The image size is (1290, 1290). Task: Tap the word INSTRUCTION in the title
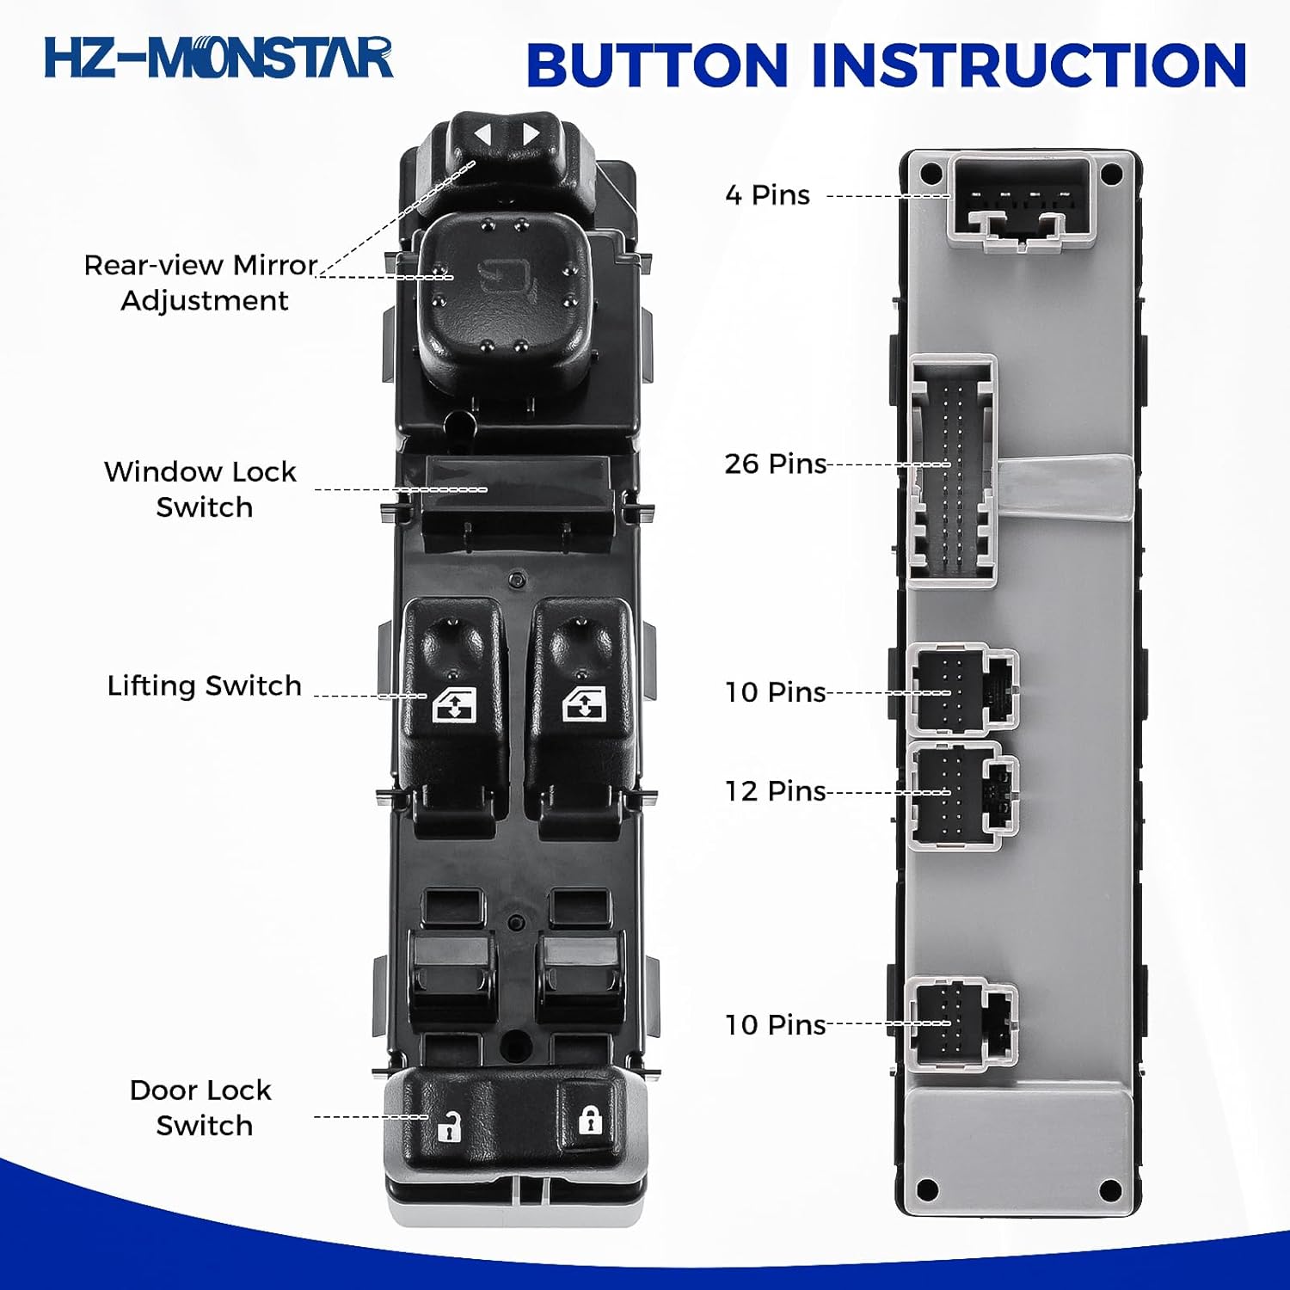[x=1029, y=65]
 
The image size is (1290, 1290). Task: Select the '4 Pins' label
[x=767, y=194]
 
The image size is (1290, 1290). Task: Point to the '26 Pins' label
[x=775, y=464]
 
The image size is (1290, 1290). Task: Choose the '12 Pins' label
[x=775, y=790]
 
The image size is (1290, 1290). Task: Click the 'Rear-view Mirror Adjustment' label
[x=201, y=282]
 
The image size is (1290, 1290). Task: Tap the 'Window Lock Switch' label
[x=201, y=489]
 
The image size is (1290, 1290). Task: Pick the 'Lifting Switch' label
[x=204, y=685]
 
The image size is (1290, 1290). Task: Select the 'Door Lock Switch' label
[x=201, y=1108]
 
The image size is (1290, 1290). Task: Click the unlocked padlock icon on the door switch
[x=449, y=1126]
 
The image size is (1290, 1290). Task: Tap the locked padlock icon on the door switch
[x=589, y=1120]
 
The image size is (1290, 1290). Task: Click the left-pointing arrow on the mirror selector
[x=482, y=135]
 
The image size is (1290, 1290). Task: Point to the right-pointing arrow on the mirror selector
[x=531, y=135]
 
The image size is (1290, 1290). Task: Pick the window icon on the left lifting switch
[x=453, y=707]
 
